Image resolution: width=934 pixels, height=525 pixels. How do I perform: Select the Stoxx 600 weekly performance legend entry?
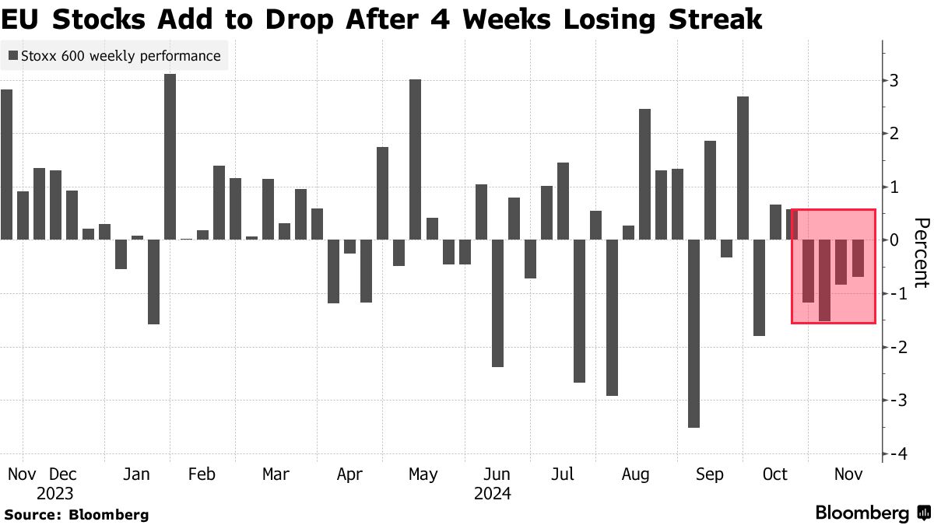pos(114,56)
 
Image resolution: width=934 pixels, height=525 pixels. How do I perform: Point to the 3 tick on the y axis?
pos(895,81)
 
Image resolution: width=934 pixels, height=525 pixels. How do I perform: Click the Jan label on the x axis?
pos(137,474)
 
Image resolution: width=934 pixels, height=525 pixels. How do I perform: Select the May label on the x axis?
pos(423,474)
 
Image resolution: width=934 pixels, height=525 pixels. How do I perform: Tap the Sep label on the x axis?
pos(709,474)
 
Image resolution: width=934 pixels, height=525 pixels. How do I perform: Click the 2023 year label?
pos(54,494)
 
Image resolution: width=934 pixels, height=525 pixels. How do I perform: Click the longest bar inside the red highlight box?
pos(824,280)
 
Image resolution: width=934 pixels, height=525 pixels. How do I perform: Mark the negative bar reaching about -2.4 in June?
pos(497,303)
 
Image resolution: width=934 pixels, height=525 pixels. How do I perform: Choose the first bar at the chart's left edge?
pos(6,164)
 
